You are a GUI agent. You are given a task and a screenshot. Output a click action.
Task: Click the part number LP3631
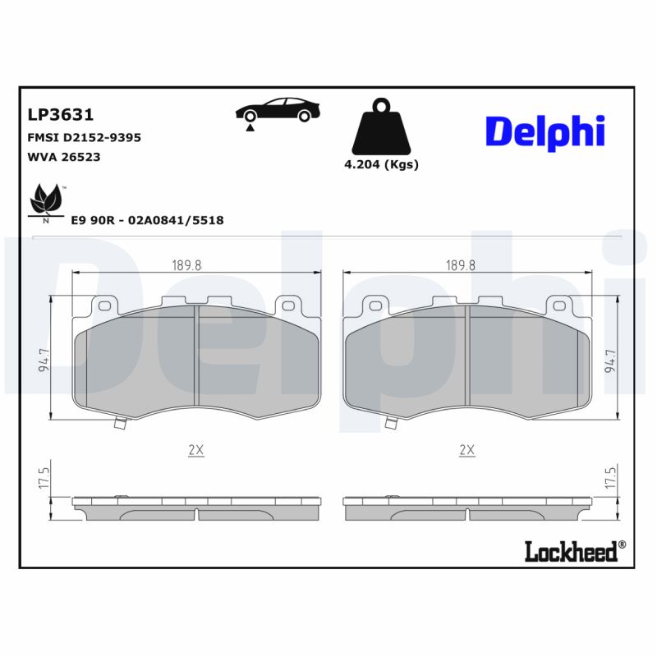point(60,115)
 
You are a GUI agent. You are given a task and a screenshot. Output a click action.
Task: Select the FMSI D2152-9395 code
point(84,137)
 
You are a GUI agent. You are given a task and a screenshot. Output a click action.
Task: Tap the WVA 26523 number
point(64,156)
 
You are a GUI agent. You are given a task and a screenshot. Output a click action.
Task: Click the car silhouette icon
point(277,112)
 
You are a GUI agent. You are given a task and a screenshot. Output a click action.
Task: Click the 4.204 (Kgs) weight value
point(381,164)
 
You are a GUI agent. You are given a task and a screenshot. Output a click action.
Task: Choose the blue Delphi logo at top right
point(544,131)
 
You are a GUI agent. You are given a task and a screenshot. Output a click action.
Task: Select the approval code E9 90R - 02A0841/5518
point(147,220)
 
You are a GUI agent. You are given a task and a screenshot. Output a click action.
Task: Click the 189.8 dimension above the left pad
point(186,264)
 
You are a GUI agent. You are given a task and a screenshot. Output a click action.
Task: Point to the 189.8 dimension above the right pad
point(461,264)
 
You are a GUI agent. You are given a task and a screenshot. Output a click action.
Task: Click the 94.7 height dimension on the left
point(43,359)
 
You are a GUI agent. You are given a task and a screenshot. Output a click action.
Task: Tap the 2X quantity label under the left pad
point(195,450)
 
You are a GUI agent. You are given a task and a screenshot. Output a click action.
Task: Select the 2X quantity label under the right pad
point(466,450)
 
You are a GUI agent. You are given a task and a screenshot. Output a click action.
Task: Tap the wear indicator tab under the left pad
point(122,424)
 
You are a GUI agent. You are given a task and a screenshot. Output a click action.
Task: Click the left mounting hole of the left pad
point(103,306)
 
